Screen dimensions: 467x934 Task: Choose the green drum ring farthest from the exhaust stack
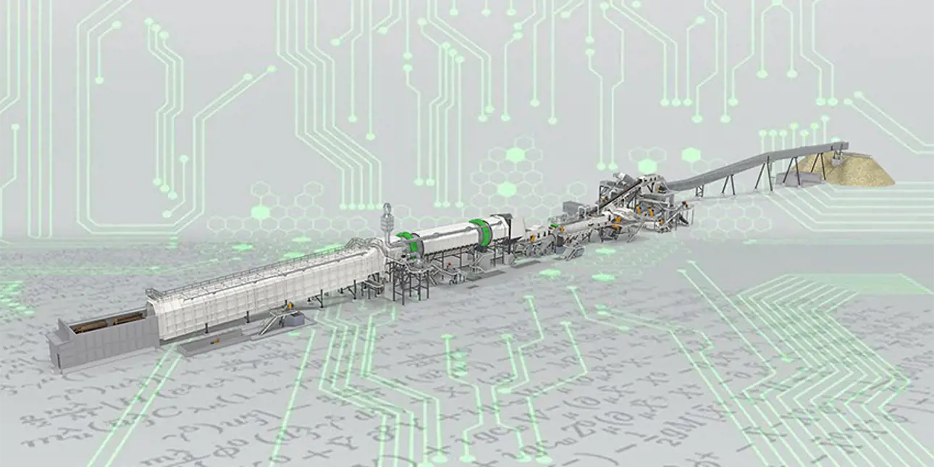tap(479, 230)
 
